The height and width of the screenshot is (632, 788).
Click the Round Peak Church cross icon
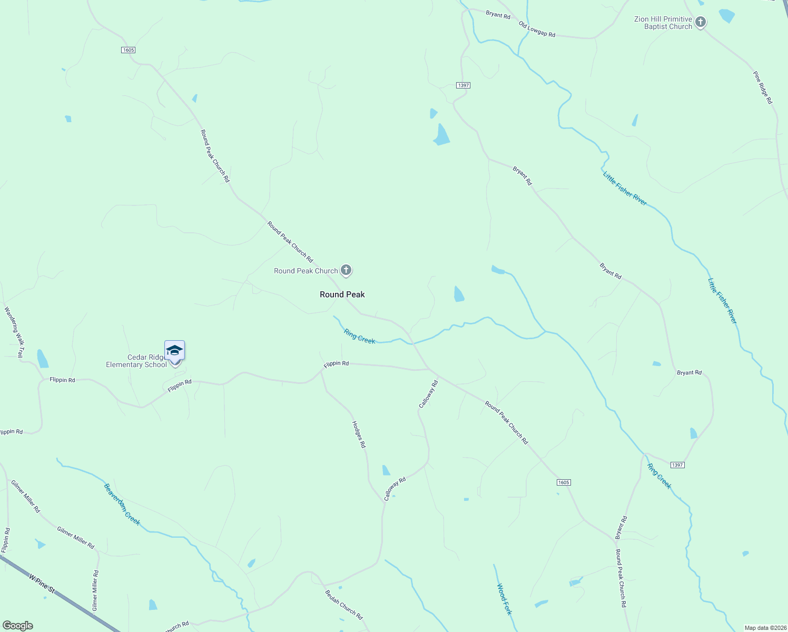pos(346,271)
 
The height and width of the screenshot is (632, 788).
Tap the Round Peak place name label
pos(342,295)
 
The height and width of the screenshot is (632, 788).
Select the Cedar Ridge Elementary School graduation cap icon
pos(174,350)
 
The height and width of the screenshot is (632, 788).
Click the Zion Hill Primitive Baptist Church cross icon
pos(700,22)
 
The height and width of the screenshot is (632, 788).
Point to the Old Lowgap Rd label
pos(537,29)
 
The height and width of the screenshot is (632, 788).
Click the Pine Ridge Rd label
pos(762,88)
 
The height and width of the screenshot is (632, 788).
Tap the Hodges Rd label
pos(359,434)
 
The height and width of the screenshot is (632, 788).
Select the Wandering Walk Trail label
pos(14,332)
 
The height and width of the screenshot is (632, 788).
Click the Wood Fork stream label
pos(504,599)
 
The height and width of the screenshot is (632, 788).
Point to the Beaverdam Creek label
pos(122,505)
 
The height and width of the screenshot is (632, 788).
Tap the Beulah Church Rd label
pos(343,605)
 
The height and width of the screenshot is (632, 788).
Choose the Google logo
pos(18,626)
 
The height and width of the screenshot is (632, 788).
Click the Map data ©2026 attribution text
pos(765,628)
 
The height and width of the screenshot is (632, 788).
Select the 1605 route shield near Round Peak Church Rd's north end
pos(128,50)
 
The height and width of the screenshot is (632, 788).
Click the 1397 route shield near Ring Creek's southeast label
pos(677,465)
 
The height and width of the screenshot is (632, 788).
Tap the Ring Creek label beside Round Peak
pos(359,337)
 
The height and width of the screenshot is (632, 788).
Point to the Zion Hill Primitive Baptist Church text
pos(663,23)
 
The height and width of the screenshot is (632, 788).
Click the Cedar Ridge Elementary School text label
pos(136,361)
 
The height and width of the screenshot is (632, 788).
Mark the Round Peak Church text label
pos(306,271)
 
